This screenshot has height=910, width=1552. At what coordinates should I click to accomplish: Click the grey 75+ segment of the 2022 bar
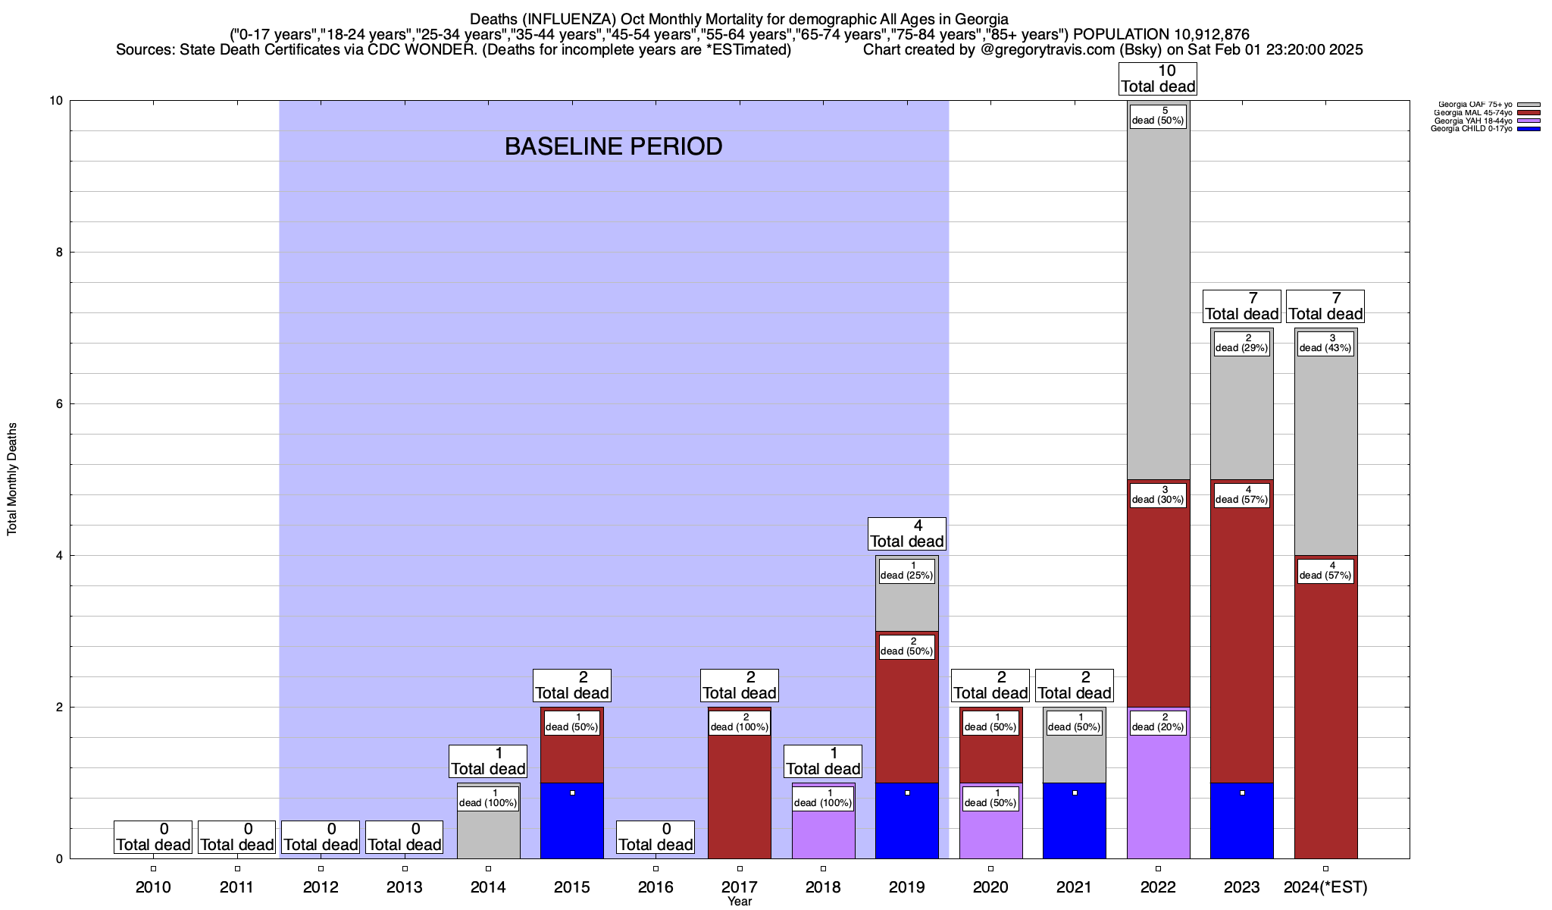1158,303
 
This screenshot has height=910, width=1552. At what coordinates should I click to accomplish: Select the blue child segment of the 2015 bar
572,823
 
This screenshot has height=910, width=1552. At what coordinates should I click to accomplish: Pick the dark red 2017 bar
740,796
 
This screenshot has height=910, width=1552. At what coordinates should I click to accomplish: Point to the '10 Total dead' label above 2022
1158,79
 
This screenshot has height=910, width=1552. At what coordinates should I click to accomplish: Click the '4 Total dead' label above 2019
907,533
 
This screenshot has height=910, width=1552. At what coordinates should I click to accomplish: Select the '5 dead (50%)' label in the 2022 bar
1158,115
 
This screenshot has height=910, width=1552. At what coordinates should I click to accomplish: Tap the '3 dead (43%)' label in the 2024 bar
1325,343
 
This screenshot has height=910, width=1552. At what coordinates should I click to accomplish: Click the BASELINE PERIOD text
613,146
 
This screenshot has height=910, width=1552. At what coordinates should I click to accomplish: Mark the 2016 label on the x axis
656,887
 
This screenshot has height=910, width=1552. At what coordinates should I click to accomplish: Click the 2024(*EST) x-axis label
1325,887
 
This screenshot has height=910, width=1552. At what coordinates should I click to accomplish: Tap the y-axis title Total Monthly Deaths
12,479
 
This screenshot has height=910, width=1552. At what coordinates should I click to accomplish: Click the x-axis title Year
740,902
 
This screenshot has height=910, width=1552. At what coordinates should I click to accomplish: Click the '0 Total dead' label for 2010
153,837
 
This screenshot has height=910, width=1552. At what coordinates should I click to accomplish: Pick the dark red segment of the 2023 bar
1242,645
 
